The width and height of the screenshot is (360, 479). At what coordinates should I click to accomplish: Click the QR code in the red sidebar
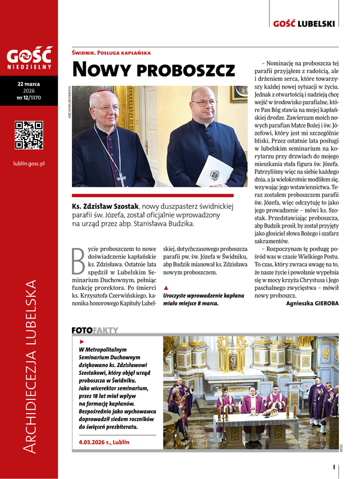click(29, 135)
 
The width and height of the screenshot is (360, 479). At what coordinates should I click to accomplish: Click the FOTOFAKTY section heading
click(95, 330)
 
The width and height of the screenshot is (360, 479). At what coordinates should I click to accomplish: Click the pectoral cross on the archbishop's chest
click(122, 177)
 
